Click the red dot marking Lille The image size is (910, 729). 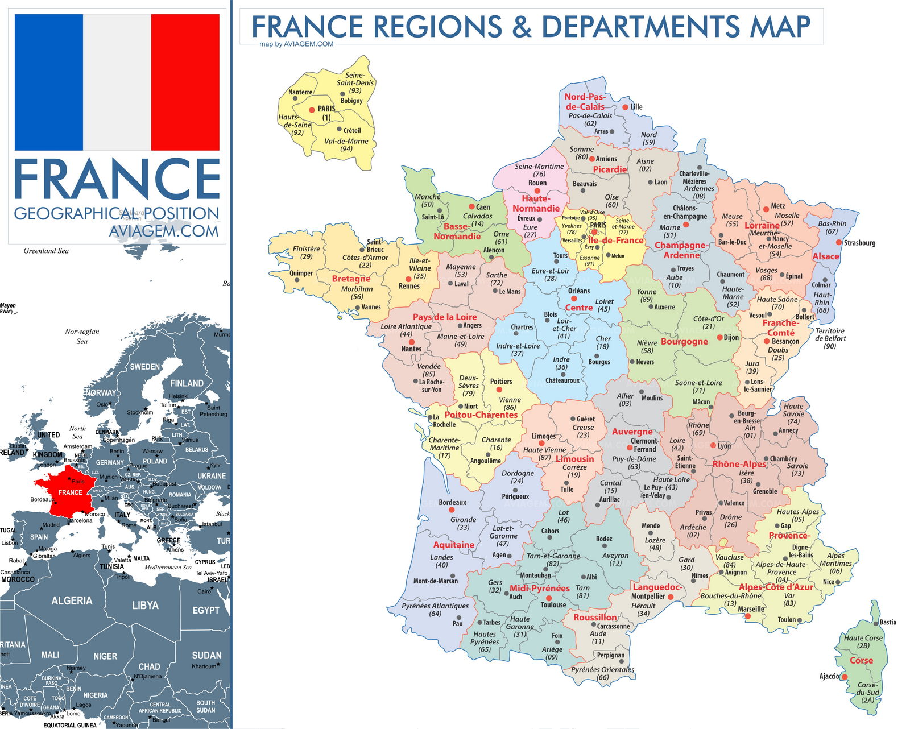(x=625, y=107)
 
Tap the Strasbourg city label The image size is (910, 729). (x=859, y=243)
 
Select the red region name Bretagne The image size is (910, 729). (x=351, y=279)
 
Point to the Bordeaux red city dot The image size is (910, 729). (x=452, y=510)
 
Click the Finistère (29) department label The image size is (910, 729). (x=306, y=252)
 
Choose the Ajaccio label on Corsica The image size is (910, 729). (x=829, y=676)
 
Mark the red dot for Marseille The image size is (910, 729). (x=747, y=616)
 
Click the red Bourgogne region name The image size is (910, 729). (x=684, y=342)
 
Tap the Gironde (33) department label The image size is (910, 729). (x=463, y=523)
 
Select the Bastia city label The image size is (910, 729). (x=887, y=622)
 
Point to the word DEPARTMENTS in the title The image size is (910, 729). (x=640, y=27)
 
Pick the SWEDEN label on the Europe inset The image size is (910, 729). (x=144, y=367)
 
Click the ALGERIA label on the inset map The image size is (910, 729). (x=72, y=600)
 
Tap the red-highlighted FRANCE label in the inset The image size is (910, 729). (x=71, y=492)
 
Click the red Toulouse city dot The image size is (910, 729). (x=549, y=598)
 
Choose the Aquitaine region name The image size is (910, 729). (x=453, y=545)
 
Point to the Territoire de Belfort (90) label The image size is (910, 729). (x=830, y=338)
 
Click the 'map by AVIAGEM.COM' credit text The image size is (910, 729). (x=296, y=44)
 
